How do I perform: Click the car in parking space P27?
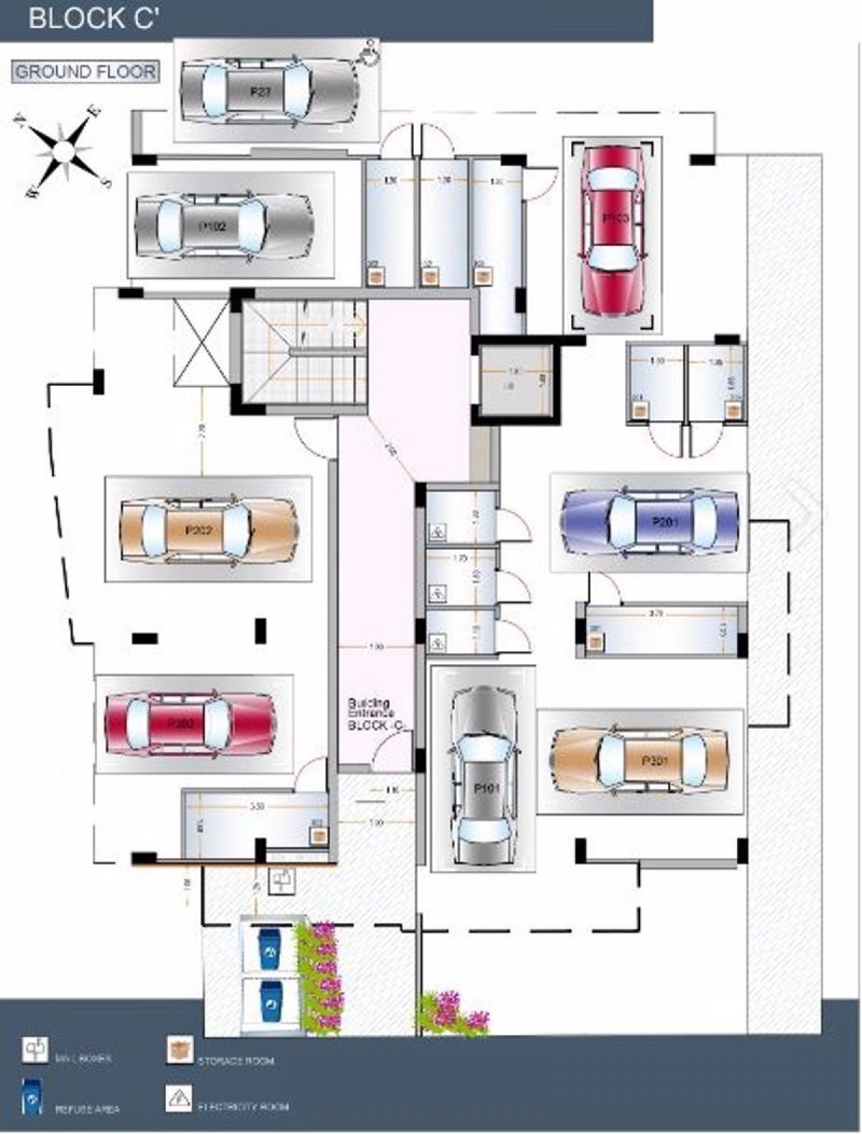(x=267, y=91)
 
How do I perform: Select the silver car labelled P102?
(x=224, y=226)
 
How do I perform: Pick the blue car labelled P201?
(x=650, y=521)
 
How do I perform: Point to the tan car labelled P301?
(x=640, y=761)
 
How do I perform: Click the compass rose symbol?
(x=64, y=151)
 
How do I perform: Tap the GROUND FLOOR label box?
(x=85, y=72)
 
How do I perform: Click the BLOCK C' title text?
(x=93, y=19)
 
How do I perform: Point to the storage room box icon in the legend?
(x=180, y=1050)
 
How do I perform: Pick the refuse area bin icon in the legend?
(x=32, y=1097)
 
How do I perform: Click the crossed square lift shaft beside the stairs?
(x=201, y=344)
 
